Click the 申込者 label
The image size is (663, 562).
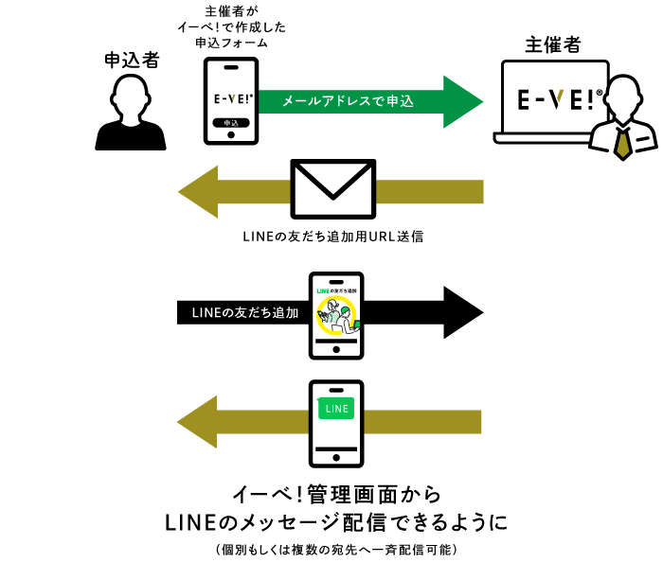pyautogui.click(x=131, y=61)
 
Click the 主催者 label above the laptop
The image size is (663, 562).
pyautogui.click(x=553, y=44)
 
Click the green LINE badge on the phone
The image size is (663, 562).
pyautogui.click(x=336, y=409)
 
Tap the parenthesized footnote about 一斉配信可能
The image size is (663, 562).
pyautogui.click(x=337, y=549)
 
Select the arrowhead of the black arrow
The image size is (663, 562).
pyautogui.click(x=464, y=313)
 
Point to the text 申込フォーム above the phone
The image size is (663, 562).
pyautogui.click(x=231, y=43)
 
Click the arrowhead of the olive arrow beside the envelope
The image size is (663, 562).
pyautogui.click(x=199, y=190)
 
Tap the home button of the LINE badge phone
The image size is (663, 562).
pyautogui.click(x=336, y=453)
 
